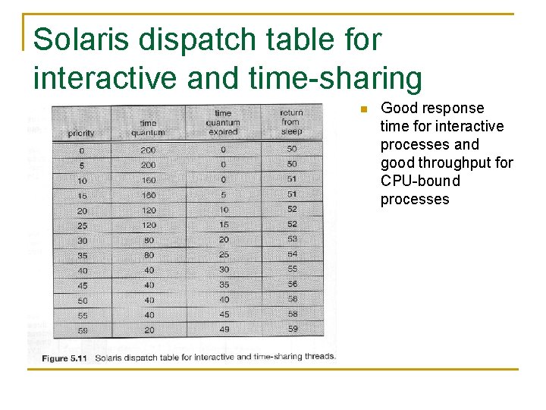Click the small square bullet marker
(x=362, y=109)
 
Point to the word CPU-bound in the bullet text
(x=420, y=181)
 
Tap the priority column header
(x=81, y=133)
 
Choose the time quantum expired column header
(x=223, y=122)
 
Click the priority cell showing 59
(x=82, y=330)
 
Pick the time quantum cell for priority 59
(x=149, y=330)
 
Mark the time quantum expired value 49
(x=223, y=330)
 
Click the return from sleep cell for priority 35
(x=292, y=254)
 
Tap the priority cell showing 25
(x=82, y=225)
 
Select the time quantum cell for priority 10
(x=149, y=181)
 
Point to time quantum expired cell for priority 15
(x=223, y=195)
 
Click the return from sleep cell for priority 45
(x=292, y=284)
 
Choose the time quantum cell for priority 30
(x=149, y=240)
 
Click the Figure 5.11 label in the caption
(x=64, y=357)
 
